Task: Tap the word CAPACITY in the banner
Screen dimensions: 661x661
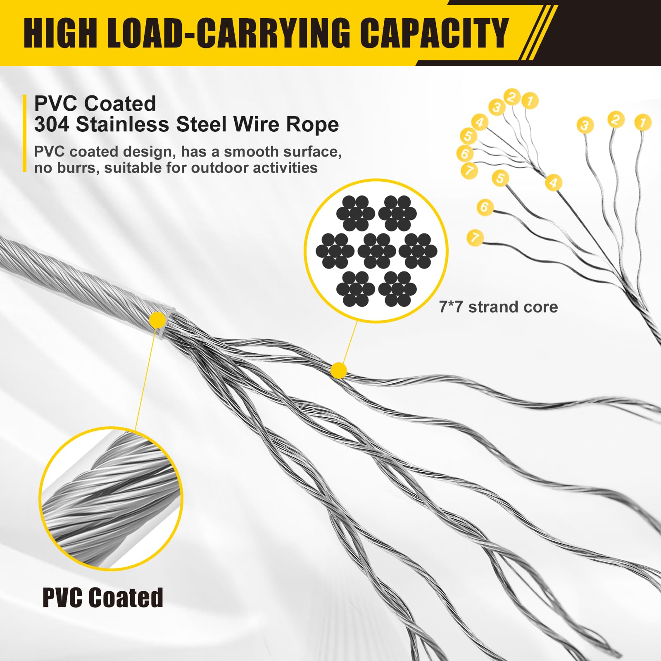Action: tap(434, 33)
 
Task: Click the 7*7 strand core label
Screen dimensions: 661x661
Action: tap(498, 307)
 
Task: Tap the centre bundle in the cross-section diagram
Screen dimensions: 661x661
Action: tap(376, 251)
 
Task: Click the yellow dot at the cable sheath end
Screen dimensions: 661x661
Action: tap(157, 319)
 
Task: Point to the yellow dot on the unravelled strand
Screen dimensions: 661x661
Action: tap(339, 371)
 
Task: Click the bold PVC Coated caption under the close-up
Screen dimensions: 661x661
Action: tap(103, 597)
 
